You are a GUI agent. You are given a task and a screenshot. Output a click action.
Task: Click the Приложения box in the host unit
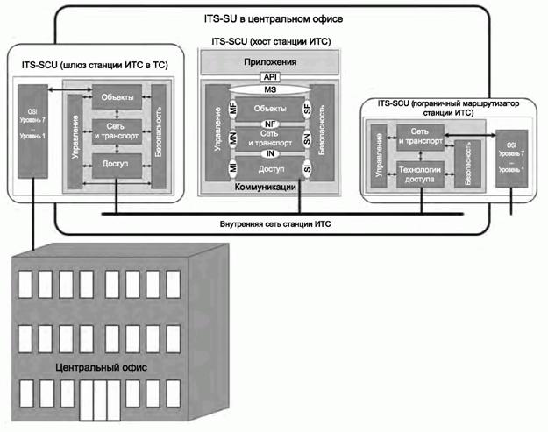(268, 63)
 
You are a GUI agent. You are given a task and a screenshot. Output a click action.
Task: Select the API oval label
(269, 77)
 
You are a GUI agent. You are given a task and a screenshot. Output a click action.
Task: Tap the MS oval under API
(269, 89)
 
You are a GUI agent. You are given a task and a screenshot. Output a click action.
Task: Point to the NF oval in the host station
(269, 124)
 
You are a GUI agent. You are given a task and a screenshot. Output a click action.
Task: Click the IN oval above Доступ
(269, 153)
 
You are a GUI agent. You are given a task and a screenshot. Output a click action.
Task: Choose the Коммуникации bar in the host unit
(269, 187)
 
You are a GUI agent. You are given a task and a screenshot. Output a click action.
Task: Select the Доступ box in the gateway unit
(116, 163)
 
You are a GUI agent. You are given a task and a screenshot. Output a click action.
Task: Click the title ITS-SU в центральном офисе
(279, 18)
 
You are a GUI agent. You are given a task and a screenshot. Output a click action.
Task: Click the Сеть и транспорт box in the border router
(419, 136)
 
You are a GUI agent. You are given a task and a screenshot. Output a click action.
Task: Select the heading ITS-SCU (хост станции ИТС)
(269, 41)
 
